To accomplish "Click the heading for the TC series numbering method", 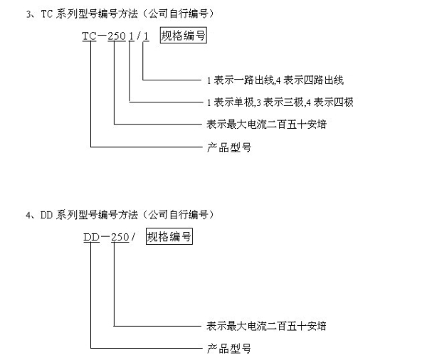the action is pos(120,14).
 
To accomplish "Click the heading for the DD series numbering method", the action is pos(120,215).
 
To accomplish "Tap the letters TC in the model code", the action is pos(89,36).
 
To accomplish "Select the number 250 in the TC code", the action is pos(117,36).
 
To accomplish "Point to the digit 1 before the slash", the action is pos(132,36).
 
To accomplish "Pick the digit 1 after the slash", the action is pos(146,36).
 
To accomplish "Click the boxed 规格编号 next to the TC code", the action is pos(184,35).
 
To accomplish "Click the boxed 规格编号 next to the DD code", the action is pos(169,236).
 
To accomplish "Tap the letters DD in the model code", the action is pos(91,237).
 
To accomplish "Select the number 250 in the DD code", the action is pos(120,237).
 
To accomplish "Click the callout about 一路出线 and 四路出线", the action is pos(275,80).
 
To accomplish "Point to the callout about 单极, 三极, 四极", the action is pos(280,102).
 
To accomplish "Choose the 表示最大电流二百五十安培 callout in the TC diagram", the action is pos(266,125).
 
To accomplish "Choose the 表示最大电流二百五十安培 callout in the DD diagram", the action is pos(266,326).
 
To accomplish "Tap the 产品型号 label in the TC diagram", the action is pos(228,147).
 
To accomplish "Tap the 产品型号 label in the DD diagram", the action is pos(228,349).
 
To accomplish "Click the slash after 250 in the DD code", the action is pos(133,237).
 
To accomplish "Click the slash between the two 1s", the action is pos(139,36).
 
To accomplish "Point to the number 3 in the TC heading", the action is pos(28,14).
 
